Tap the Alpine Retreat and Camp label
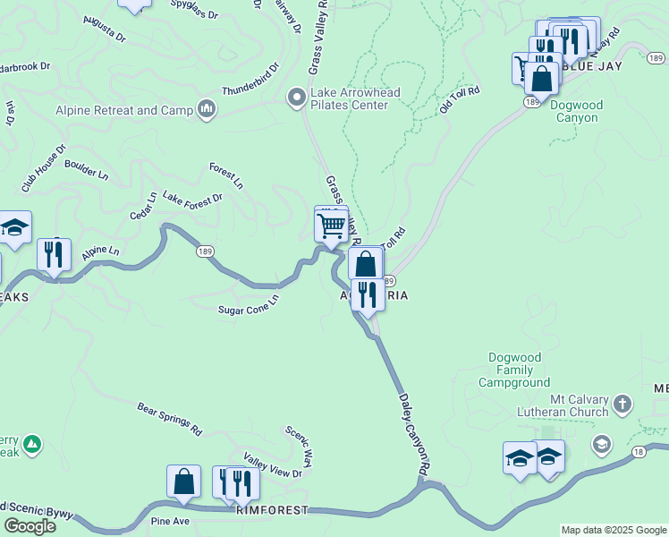[125, 111]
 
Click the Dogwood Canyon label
[577, 111]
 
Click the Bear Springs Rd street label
[170, 419]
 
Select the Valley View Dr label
[273, 467]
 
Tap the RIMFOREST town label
[273, 510]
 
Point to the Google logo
[30, 525]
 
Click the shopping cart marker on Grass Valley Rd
[331, 226]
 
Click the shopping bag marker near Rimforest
[183, 482]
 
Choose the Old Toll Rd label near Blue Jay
[460, 98]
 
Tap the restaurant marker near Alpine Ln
[54, 255]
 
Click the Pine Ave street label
[170, 520]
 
